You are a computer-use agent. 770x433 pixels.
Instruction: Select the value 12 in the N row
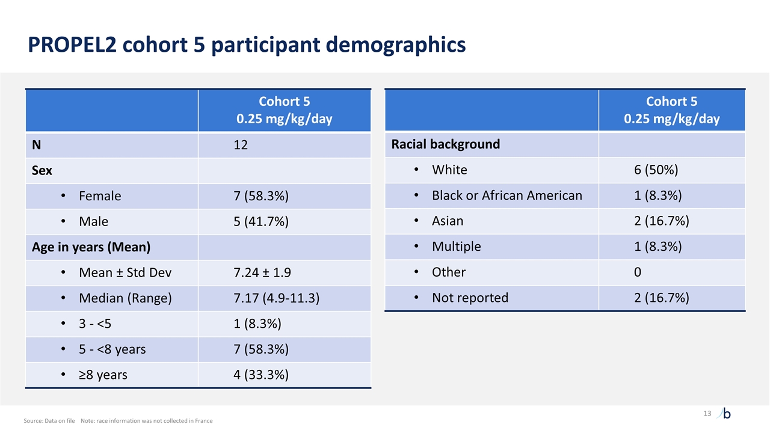(x=241, y=145)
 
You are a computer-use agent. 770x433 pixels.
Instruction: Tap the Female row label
(x=100, y=196)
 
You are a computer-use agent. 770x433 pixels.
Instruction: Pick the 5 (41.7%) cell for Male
(x=260, y=221)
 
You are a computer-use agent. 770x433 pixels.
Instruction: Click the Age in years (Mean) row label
(x=91, y=247)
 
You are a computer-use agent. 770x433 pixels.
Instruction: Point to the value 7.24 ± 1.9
(x=262, y=272)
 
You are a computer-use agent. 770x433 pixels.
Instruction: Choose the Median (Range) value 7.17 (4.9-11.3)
(x=276, y=298)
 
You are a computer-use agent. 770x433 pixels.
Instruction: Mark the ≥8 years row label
(x=103, y=375)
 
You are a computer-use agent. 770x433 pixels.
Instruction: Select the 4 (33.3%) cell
(x=260, y=375)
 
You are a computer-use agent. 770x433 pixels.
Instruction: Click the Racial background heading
(x=446, y=144)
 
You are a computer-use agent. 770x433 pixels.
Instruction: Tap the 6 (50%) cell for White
(x=656, y=170)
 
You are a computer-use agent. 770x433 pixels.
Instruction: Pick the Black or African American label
(x=507, y=195)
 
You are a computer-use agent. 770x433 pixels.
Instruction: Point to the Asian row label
(x=448, y=221)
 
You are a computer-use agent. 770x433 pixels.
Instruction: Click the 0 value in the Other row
(x=638, y=272)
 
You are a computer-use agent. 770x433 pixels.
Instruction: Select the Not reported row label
(x=470, y=298)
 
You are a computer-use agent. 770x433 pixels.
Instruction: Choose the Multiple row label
(x=456, y=247)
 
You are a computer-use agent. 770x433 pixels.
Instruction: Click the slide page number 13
(x=707, y=413)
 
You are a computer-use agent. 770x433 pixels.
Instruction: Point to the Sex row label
(x=42, y=171)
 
